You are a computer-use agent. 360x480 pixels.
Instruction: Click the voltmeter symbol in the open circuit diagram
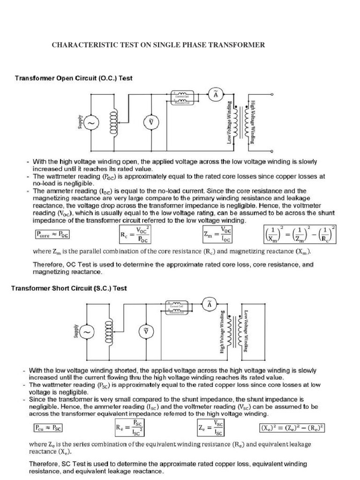pyautogui.click(x=151, y=123)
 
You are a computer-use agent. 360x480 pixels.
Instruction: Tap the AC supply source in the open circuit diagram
pyautogui.click(x=90, y=123)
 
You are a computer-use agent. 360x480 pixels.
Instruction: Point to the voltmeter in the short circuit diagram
pyautogui.click(x=145, y=332)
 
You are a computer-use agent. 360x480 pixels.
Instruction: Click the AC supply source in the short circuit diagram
pyautogui.click(x=87, y=332)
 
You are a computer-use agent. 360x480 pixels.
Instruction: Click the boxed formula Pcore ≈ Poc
pyautogui.click(x=54, y=233)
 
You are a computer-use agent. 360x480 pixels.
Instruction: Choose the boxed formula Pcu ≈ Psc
pyautogui.click(x=48, y=427)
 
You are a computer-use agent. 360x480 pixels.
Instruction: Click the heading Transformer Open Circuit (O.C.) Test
pyautogui.click(x=74, y=78)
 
